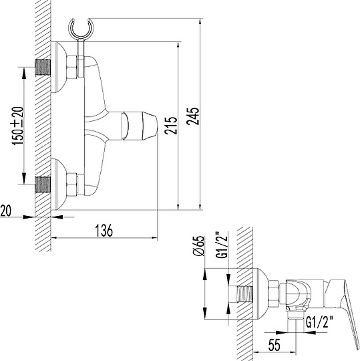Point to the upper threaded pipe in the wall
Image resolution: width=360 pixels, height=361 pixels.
click(x=43, y=68)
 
